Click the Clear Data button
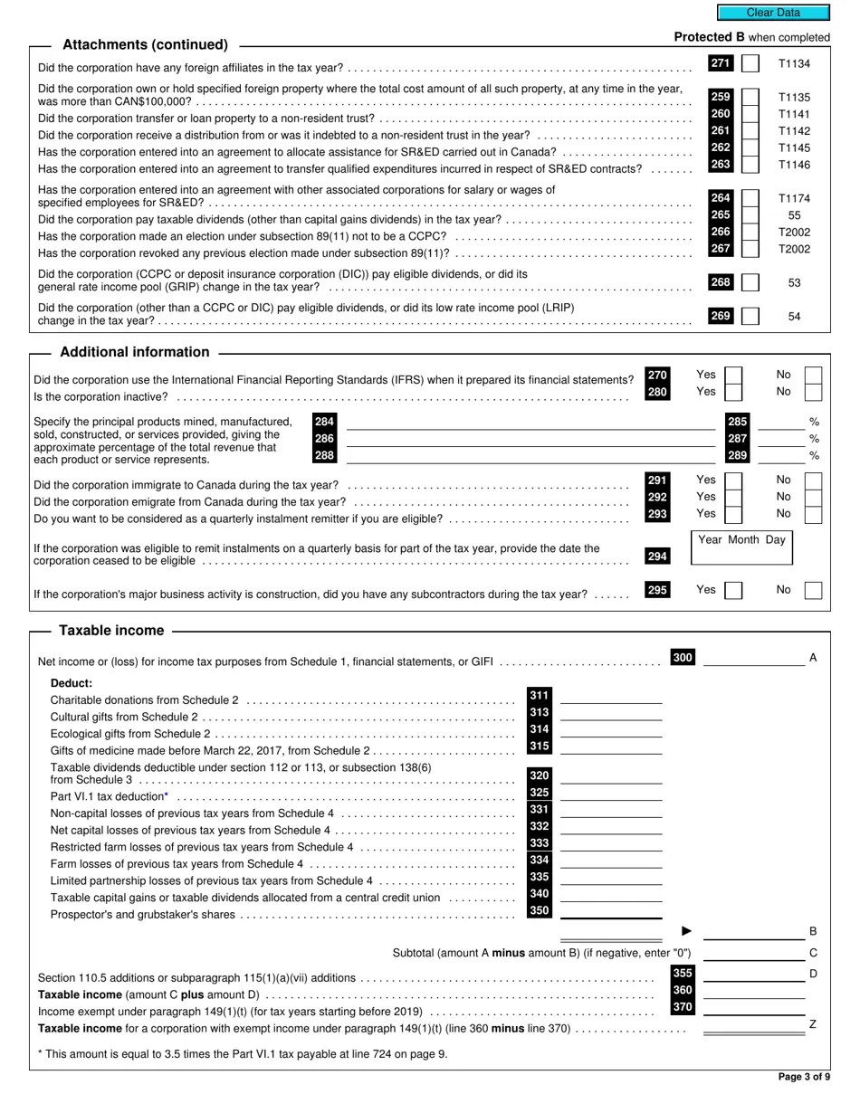(x=773, y=13)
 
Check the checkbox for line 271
(x=750, y=64)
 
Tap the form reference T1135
(x=794, y=98)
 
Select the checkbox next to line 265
(x=750, y=215)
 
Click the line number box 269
(x=721, y=316)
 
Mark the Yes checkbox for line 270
(x=733, y=376)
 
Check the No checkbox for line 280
(x=813, y=392)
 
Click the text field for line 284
(x=530, y=422)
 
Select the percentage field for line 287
(x=780, y=439)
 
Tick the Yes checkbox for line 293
(x=733, y=514)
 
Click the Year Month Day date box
(x=741, y=548)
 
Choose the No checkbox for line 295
(x=813, y=590)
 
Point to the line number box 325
(x=540, y=793)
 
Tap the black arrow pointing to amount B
(x=686, y=931)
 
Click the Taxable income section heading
(x=111, y=631)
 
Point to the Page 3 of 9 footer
(x=804, y=1077)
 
